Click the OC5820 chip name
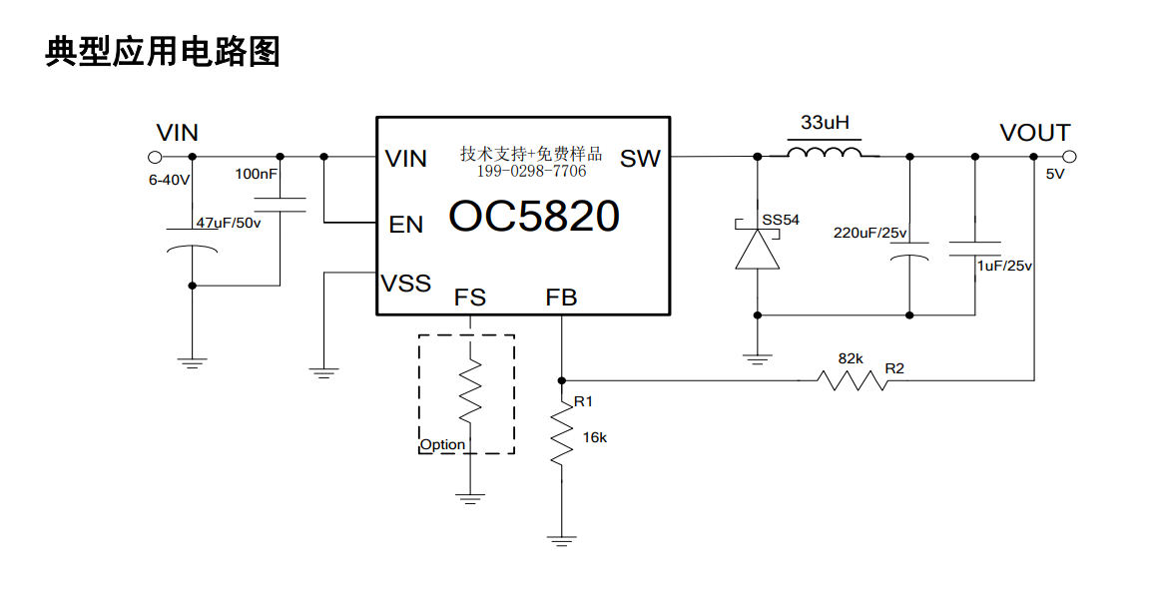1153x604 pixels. (x=534, y=217)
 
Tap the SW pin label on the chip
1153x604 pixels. (x=640, y=158)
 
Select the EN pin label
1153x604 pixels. (x=406, y=225)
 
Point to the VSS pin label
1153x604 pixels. (x=406, y=284)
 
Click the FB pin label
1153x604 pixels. (x=561, y=298)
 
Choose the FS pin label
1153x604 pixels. (x=470, y=298)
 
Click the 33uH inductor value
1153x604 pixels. (x=825, y=122)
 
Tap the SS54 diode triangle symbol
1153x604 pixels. (x=758, y=250)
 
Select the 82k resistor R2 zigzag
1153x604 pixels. (x=853, y=380)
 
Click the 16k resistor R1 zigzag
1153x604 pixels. (x=562, y=433)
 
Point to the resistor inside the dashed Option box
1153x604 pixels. (x=470, y=390)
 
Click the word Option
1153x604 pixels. (x=442, y=445)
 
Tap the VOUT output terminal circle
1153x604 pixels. (x=1070, y=157)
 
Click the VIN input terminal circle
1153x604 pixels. (x=155, y=157)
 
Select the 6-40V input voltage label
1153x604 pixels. (x=169, y=181)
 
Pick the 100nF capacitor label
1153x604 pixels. (x=256, y=175)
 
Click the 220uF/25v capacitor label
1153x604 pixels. (x=869, y=234)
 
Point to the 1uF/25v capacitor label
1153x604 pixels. (x=1004, y=266)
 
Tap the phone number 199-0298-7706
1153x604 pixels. (x=532, y=172)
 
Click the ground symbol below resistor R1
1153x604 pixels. (x=562, y=541)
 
